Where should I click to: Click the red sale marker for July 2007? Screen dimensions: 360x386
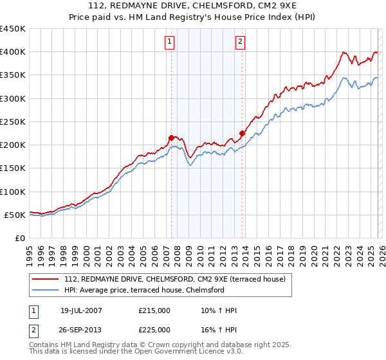click(x=171, y=137)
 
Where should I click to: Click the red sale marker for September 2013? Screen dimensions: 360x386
click(x=242, y=133)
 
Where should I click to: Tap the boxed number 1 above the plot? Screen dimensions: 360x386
click(x=169, y=42)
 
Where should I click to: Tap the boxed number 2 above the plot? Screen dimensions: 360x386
click(x=240, y=42)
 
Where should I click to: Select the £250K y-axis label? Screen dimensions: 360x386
click(x=13, y=122)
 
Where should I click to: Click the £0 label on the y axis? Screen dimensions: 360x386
click(x=19, y=238)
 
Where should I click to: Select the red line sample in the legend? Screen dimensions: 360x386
click(x=46, y=279)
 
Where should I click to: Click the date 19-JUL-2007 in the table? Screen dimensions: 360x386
click(x=81, y=310)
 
